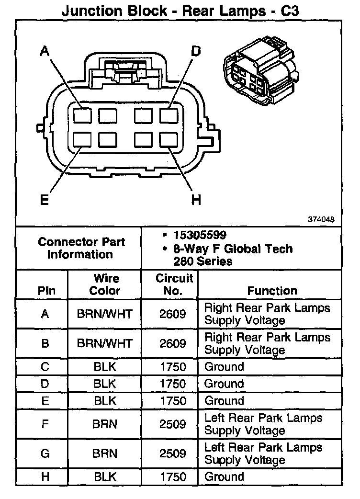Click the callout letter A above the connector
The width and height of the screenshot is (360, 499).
point(45,51)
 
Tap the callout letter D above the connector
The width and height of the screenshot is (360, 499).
point(196,51)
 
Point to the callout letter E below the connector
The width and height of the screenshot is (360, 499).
point(45,200)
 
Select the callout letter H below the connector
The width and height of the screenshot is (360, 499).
point(196,200)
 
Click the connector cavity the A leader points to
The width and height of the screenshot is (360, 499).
point(82,115)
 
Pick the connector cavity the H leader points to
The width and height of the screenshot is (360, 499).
point(168,140)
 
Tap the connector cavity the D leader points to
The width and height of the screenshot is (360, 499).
point(168,115)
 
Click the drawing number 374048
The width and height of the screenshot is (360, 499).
point(321,219)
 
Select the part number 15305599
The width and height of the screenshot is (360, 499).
point(200,235)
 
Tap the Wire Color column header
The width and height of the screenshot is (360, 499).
point(105,284)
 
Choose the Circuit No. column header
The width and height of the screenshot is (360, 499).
point(174,284)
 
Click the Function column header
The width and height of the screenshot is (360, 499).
point(272,291)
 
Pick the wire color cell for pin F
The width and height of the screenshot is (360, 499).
point(105,424)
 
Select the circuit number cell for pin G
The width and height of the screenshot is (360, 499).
point(173,453)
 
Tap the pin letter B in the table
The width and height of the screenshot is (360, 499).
point(45,343)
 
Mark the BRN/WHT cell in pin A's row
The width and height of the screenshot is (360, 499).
point(105,314)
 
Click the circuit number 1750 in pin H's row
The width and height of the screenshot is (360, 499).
point(173,476)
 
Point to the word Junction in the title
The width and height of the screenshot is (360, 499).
point(92,11)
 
